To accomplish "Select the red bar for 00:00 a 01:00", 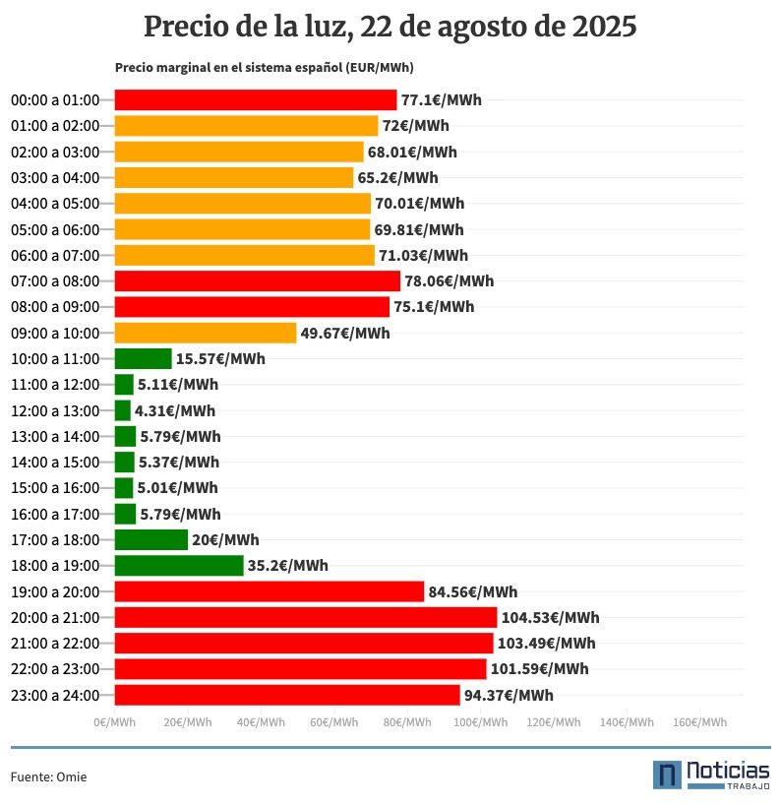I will click(256, 99).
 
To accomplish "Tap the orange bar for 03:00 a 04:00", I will click(234, 177).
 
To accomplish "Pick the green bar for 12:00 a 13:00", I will click(123, 410).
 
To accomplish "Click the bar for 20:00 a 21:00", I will click(306, 617).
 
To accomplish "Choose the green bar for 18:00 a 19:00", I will click(179, 565).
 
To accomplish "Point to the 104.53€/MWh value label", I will click(550, 618).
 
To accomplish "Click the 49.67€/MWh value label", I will click(345, 333).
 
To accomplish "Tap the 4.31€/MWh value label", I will click(175, 410).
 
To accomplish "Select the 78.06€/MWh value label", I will click(450, 281).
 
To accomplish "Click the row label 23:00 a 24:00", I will click(55, 695).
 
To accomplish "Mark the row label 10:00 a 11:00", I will click(55, 358).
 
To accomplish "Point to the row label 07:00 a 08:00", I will click(55, 281).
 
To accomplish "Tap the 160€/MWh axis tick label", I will click(698, 722).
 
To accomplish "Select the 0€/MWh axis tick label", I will click(115, 722).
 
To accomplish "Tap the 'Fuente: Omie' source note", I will click(48, 776).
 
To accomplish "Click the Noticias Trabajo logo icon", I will click(668, 775).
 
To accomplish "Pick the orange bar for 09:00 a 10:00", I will click(206, 333).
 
